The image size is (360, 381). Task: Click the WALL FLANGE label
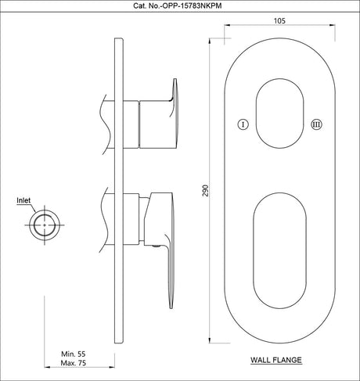[x=276, y=361]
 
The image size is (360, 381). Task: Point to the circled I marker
[x=243, y=124]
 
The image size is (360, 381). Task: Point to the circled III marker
[x=315, y=124]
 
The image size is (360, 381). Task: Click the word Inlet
[x=24, y=200]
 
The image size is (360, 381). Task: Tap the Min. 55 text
[x=75, y=355]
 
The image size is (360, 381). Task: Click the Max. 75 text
[x=75, y=364]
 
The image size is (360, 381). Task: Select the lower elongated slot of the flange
[x=279, y=246]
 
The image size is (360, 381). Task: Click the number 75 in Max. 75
[x=83, y=364]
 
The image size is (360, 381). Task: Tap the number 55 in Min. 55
[x=83, y=355]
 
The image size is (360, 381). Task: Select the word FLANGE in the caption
[x=287, y=361]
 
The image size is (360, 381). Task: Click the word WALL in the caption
[x=261, y=361]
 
